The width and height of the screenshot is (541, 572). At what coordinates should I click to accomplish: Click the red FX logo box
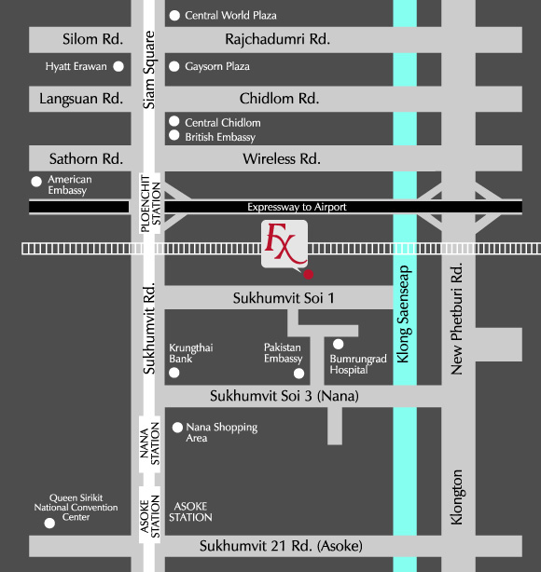point(284,244)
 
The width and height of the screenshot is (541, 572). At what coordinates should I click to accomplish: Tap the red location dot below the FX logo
point(309,274)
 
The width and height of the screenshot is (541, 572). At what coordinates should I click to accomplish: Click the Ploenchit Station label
point(150,203)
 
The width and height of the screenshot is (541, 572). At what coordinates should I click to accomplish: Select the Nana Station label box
point(150,444)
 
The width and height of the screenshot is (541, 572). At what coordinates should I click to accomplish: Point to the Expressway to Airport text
point(297,207)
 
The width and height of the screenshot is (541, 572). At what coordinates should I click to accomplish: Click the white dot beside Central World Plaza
point(174,15)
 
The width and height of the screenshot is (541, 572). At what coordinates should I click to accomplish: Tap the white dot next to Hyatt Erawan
point(118,66)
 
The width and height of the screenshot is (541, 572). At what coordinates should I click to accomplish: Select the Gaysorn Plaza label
point(217,66)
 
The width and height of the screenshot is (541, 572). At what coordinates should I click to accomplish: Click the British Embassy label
point(220,137)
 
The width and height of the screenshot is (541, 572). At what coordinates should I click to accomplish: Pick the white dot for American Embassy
point(36,182)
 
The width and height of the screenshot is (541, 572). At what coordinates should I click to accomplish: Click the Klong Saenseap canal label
point(403,314)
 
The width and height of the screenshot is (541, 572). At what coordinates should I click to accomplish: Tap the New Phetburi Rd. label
point(457,319)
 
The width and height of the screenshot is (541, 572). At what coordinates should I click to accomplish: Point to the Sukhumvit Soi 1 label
point(284,298)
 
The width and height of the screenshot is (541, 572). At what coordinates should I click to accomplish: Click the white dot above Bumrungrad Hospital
point(339,344)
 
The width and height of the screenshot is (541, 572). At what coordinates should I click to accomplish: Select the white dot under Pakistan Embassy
point(298,374)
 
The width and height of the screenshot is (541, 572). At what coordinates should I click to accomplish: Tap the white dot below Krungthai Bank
point(174,373)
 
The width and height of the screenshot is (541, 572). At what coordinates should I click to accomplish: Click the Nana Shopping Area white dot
point(177,428)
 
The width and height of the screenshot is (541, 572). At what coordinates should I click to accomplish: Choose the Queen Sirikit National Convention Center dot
point(49,524)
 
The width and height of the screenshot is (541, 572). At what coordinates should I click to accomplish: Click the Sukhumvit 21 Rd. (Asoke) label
point(281,546)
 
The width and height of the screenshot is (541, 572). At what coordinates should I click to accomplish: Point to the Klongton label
point(457,497)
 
